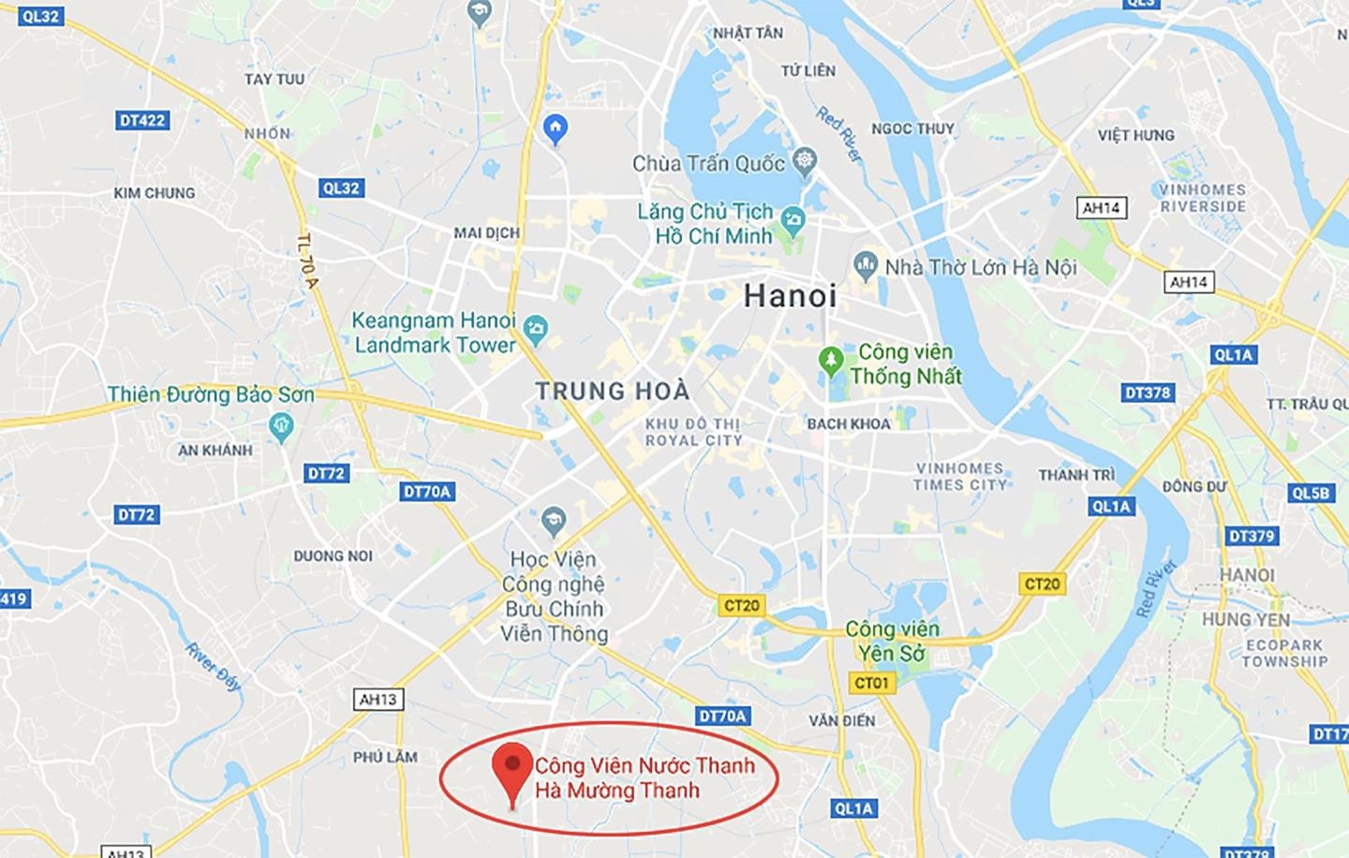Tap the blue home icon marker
(x=556, y=128)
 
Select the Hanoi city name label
(x=790, y=297)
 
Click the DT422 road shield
(x=142, y=121)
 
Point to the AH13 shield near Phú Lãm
(x=378, y=699)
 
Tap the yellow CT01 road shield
(x=871, y=683)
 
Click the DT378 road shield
(x=1148, y=392)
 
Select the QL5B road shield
(x=1311, y=493)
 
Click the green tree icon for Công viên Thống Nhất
(x=830, y=360)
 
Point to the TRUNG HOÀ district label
(x=612, y=391)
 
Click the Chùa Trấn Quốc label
(x=708, y=164)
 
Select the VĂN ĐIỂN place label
(x=842, y=720)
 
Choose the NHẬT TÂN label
(x=747, y=33)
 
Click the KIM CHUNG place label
(x=155, y=193)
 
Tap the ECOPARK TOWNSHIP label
(x=1284, y=653)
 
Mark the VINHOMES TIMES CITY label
(x=960, y=476)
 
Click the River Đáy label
(x=214, y=666)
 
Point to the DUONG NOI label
(x=333, y=555)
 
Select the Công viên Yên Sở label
(x=892, y=641)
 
